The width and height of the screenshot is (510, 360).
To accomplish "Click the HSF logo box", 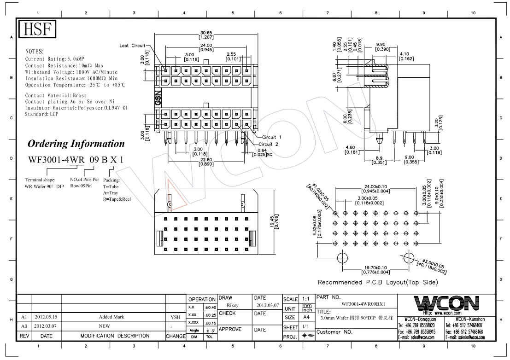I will pos(36,30).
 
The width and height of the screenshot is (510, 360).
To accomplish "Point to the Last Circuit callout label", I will pos(132,46).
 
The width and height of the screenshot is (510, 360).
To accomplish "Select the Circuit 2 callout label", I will pos(271,144).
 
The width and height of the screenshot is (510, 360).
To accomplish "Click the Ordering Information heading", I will pos(76,144).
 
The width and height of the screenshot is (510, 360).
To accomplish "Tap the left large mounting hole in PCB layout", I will pos(342,258).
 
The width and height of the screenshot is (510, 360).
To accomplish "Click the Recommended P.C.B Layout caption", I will pos(377,282).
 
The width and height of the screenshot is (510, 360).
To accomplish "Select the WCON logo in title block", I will pos(446,303).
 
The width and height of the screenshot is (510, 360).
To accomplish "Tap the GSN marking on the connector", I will pos(158,98).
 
